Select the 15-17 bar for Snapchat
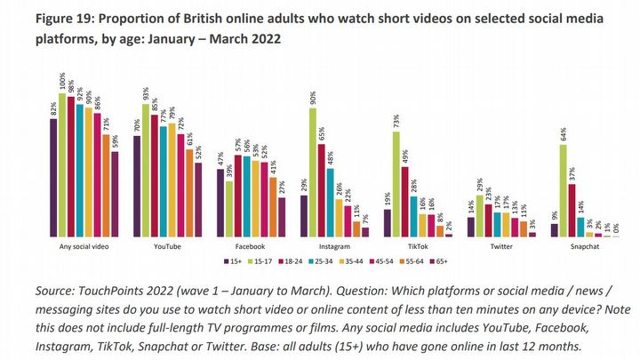coord(564,190)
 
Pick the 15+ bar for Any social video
coord(53,178)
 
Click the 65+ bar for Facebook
coord(282,217)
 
